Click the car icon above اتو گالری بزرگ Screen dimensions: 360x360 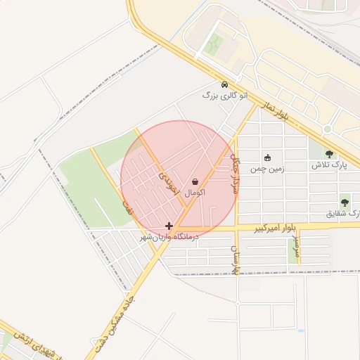pos(224,84)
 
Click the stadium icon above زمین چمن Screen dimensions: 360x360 pos(267,157)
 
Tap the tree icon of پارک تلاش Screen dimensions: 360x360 pos(330,154)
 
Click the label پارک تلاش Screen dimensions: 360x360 pos(330,166)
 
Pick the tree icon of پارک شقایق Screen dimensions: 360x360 pos(345,202)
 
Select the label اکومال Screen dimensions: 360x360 pos(195,192)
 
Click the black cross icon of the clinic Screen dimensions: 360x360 pos(169,226)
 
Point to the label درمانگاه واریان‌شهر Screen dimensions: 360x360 pos(169,238)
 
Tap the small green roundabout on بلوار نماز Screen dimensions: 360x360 pos(327,129)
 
